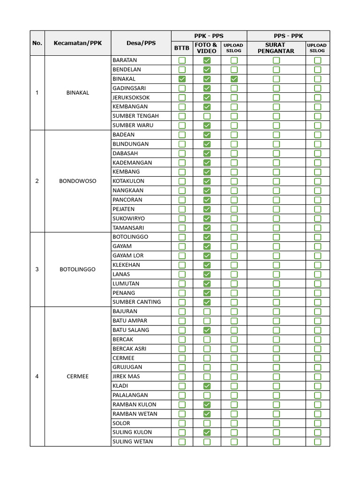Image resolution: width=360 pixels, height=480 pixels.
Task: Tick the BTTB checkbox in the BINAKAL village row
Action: [x=182, y=79]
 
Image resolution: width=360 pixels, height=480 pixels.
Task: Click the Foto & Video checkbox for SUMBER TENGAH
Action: [x=207, y=116]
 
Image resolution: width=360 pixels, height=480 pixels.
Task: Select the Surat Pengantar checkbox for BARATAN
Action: [x=276, y=60]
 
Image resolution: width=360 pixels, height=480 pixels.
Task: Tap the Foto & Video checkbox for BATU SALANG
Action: [x=207, y=330]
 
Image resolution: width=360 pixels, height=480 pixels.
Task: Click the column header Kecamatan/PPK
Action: [x=78, y=43]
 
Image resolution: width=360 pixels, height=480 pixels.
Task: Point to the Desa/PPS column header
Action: [x=141, y=43]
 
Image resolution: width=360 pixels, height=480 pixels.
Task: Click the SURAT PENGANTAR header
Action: [x=276, y=48]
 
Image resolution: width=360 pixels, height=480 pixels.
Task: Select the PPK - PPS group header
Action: [x=209, y=36]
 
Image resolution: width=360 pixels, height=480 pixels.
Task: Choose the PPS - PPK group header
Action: [x=288, y=36]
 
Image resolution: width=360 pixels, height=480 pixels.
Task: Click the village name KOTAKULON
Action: [x=128, y=181]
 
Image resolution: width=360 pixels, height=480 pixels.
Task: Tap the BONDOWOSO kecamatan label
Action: [x=78, y=181]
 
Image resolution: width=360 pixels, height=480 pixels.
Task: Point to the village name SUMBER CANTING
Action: [x=136, y=302]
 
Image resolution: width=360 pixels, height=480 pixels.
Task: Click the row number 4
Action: [x=37, y=376]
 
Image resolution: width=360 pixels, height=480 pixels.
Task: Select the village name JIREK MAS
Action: [x=126, y=376]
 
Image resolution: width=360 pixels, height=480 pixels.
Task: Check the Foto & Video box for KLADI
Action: [x=207, y=386]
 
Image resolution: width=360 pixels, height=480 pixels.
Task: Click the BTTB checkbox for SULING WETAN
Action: [x=182, y=442]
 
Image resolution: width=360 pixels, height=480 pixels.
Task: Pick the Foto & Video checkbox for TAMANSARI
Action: [x=207, y=228]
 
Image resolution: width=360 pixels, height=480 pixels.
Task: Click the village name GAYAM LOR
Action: [x=128, y=255]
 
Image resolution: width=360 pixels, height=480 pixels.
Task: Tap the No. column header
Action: [x=37, y=43]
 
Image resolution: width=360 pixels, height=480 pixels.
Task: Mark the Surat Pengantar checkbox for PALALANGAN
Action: [x=276, y=395]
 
